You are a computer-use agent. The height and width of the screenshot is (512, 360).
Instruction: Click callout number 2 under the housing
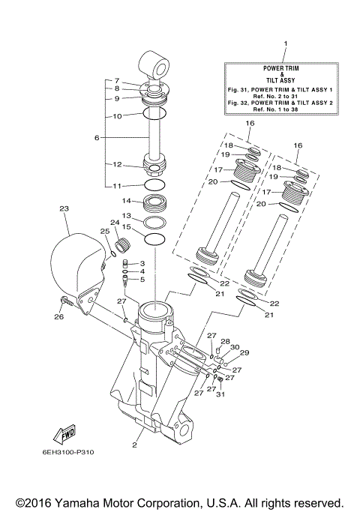(x=135, y=444)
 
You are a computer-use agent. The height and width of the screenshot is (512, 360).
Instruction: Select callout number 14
(x=127, y=201)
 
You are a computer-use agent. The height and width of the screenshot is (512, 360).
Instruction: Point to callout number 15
(x=127, y=226)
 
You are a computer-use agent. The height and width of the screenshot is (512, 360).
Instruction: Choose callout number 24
(x=115, y=223)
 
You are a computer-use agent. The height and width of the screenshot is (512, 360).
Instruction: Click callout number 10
(x=117, y=116)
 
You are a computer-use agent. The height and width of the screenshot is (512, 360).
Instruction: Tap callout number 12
(x=117, y=165)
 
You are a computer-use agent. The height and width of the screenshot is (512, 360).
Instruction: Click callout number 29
(x=244, y=352)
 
